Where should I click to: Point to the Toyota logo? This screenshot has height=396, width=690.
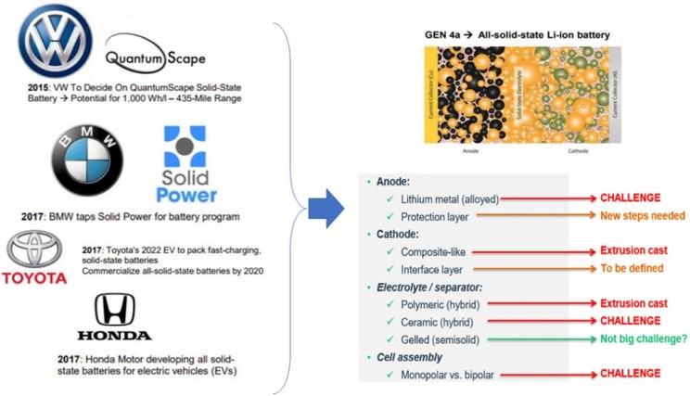tap(35, 260)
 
